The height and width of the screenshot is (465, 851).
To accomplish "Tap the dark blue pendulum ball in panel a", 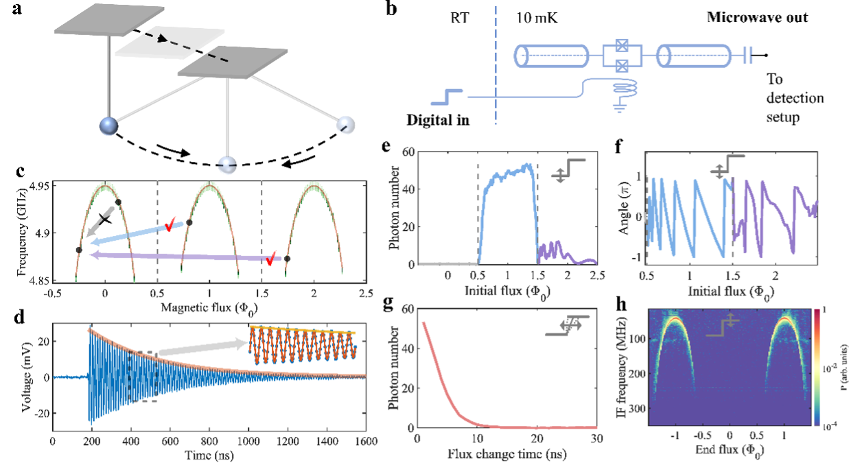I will click(108, 127).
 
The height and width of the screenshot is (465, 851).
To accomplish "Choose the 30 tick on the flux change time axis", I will click(596, 440).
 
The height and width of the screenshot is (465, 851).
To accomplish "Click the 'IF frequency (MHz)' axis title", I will click(630, 368).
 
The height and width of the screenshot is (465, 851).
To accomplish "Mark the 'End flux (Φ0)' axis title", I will click(729, 453).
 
